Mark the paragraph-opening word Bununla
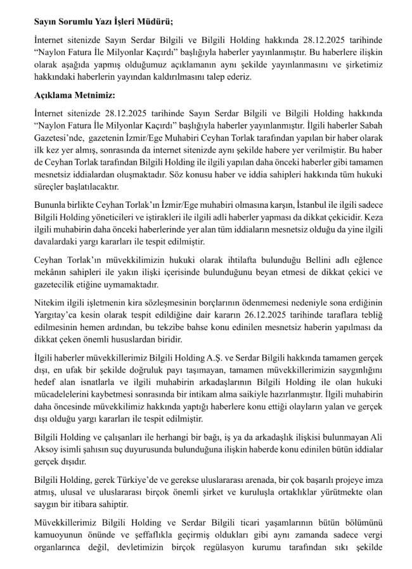(x=51, y=204)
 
